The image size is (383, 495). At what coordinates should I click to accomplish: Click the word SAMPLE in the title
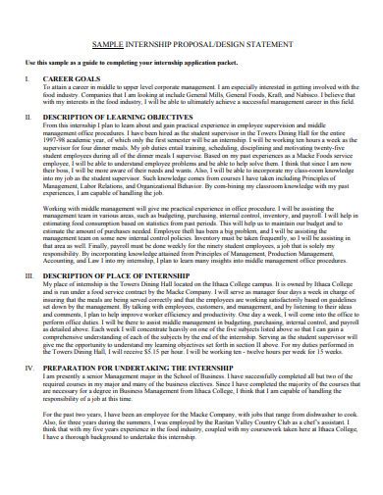[116, 44]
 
